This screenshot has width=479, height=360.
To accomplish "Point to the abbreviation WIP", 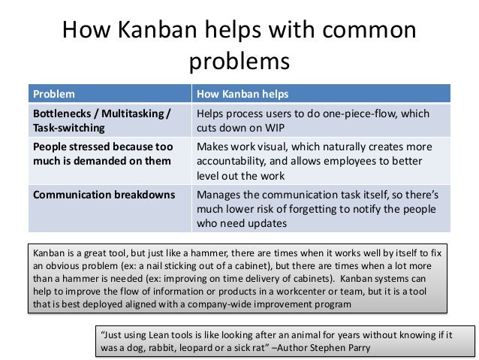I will pos(263,128).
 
